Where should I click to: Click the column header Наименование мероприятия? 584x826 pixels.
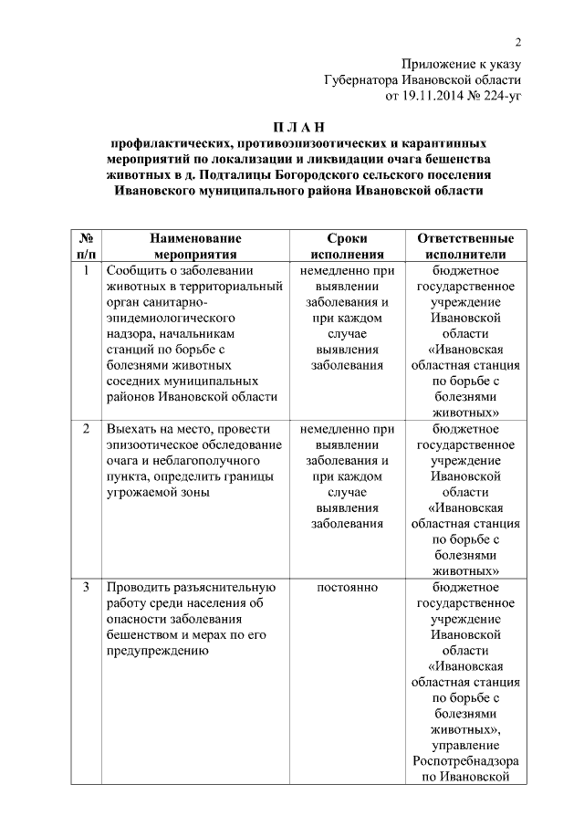[x=196, y=246]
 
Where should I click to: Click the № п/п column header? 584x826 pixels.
[x=86, y=246]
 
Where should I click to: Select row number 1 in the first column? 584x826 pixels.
[x=86, y=271]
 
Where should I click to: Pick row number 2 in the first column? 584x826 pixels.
[x=86, y=428]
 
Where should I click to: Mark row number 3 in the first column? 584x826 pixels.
[x=86, y=586]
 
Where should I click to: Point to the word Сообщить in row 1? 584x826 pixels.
[x=138, y=271]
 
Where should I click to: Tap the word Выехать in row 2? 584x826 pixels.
[x=132, y=428]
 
